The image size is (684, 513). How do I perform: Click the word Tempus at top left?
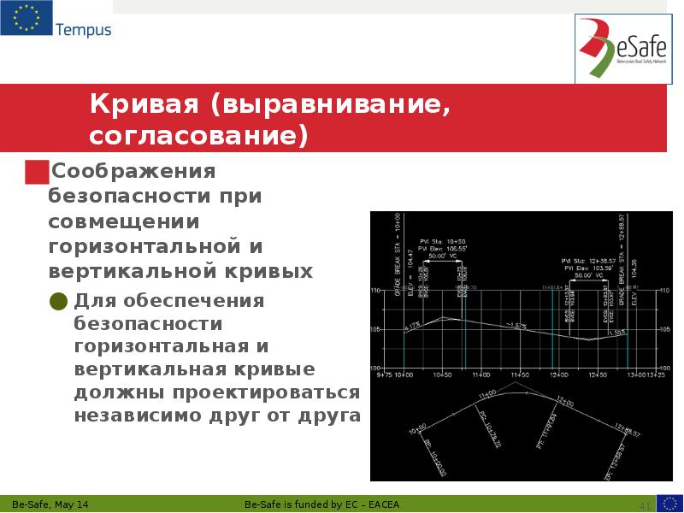pos(83,31)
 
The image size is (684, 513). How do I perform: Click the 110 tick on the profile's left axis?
pos(374,292)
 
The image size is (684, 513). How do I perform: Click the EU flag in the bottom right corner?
pos(669,503)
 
